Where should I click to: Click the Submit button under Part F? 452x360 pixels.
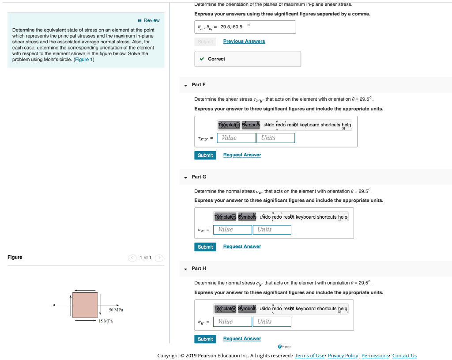coord(205,155)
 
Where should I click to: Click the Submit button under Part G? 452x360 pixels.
coord(205,247)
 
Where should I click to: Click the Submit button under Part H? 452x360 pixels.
coord(205,339)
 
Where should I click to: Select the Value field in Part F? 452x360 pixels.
coord(236,138)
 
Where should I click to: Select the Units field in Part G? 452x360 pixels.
coord(272,230)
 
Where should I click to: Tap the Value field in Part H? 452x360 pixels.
coord(233,322)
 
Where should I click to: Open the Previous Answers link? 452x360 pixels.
coord(244,42)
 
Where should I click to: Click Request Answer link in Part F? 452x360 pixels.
coord(242,155)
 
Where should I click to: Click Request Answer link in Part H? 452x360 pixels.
coord(242,339)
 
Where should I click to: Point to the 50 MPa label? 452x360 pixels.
coord(116,310)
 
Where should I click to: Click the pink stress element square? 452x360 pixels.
coord(85,305)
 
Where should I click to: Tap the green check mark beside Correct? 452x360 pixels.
coord(202,59)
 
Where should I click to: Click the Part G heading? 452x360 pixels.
coord(199,177)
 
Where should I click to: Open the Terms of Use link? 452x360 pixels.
coord(309,356)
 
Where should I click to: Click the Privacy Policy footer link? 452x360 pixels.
coord(343,356)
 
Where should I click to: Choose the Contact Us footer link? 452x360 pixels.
coord(404,356)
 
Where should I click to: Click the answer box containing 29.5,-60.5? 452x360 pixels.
coord(245,27)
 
